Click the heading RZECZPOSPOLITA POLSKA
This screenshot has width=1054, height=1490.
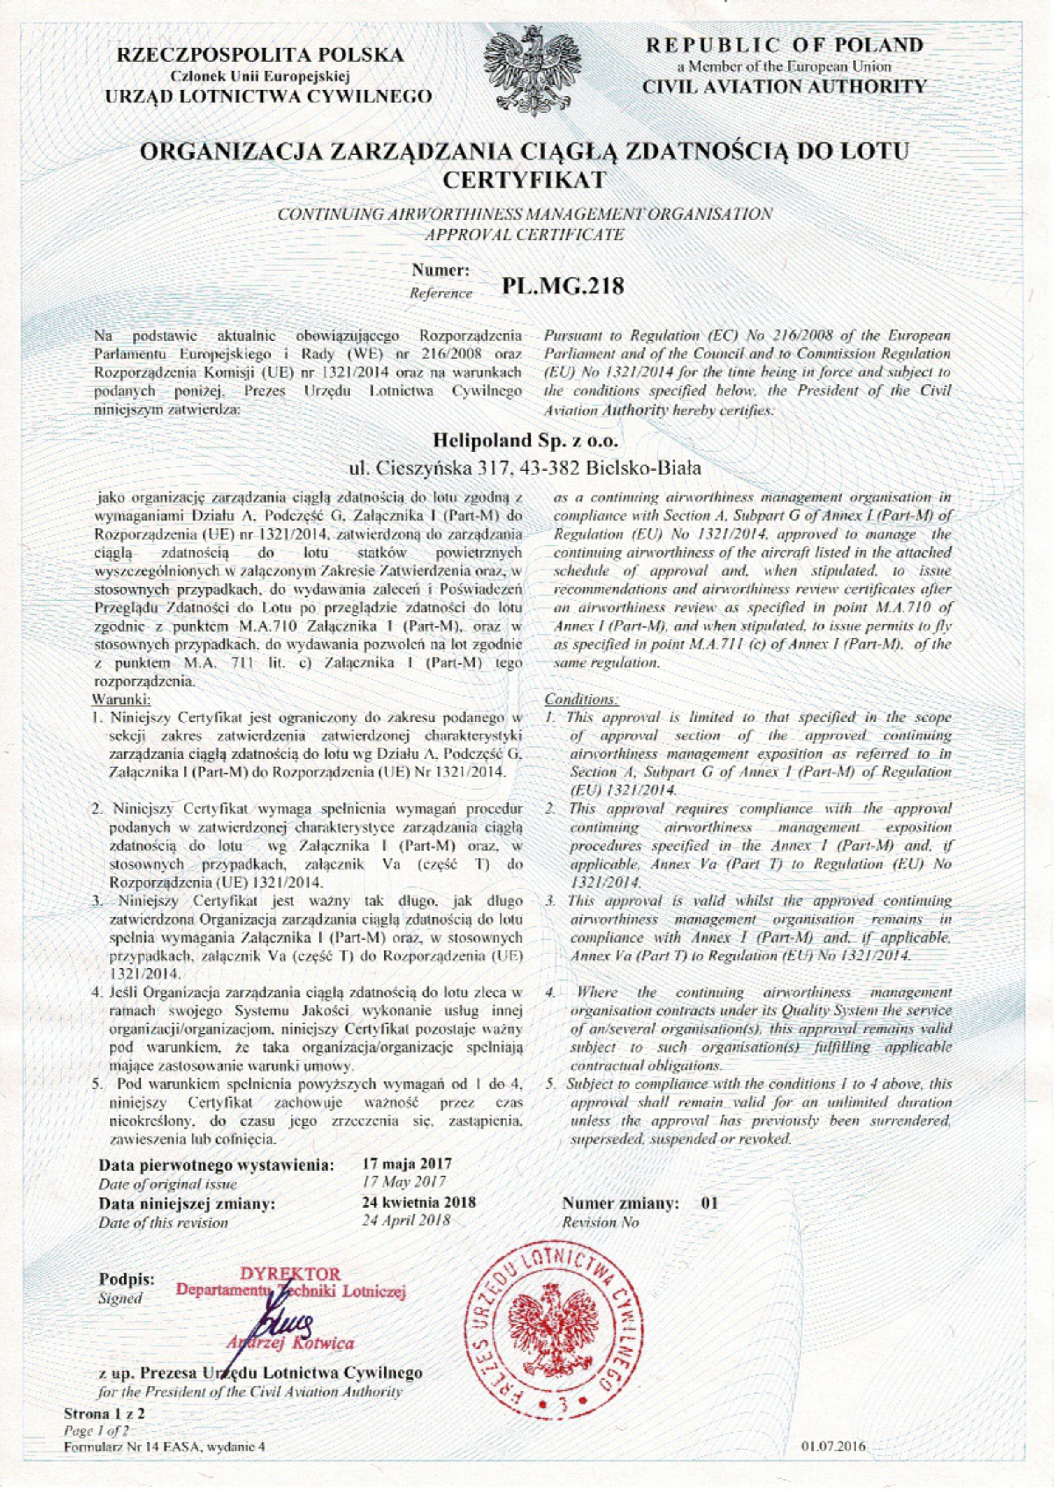pyautogui.click(x=260, y=56)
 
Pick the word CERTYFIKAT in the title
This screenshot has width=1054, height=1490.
pyautogui.click(x=526, y=179)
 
